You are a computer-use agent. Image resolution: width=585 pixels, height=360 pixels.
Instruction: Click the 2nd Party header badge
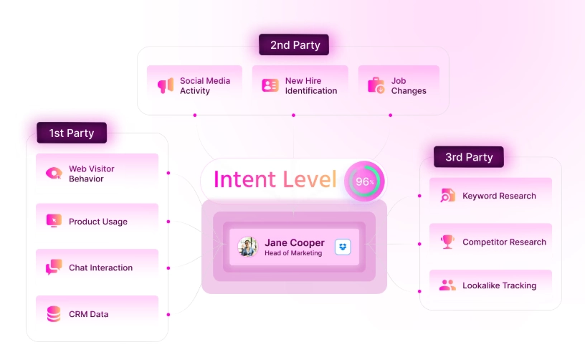(x=294, y=45)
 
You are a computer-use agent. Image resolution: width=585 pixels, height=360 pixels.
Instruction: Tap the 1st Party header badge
(x=71, y=133)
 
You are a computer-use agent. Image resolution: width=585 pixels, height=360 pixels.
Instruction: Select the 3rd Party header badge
(x=468, y=157)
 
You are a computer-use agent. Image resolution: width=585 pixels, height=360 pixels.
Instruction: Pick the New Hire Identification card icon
(x=270, y=85)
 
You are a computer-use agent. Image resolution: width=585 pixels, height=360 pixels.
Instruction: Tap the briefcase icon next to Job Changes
(x=376, y=85)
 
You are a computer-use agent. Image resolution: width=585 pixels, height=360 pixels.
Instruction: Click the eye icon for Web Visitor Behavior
(x=54, y=174)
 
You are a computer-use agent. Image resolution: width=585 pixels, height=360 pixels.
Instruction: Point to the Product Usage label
(x=97, y=222)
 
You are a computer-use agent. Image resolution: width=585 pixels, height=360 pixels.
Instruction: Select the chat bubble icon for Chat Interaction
(x=54, y=267)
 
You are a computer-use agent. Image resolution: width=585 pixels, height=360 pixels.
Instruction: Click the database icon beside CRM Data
(x=54, y=314)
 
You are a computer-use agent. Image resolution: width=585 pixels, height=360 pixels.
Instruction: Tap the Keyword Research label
(x=499, y=196)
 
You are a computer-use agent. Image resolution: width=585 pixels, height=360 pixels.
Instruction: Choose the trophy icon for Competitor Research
(x=447, y=242)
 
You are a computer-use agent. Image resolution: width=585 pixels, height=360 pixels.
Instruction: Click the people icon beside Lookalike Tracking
(x=447, y=285)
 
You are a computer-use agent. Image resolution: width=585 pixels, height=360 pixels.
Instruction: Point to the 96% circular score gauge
(x=365, y=181)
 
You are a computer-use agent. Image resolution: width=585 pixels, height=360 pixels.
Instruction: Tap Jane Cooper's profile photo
(x=248, y=247)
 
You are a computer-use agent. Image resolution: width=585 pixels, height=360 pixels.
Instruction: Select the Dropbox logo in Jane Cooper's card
(x=343, y=247)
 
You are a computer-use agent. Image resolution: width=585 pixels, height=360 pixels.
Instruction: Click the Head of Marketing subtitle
(x=293, y=253)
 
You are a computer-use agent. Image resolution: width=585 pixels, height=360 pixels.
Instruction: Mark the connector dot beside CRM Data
(x=168, y=314)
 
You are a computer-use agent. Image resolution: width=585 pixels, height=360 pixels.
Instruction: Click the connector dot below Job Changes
(x=391, y=115)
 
